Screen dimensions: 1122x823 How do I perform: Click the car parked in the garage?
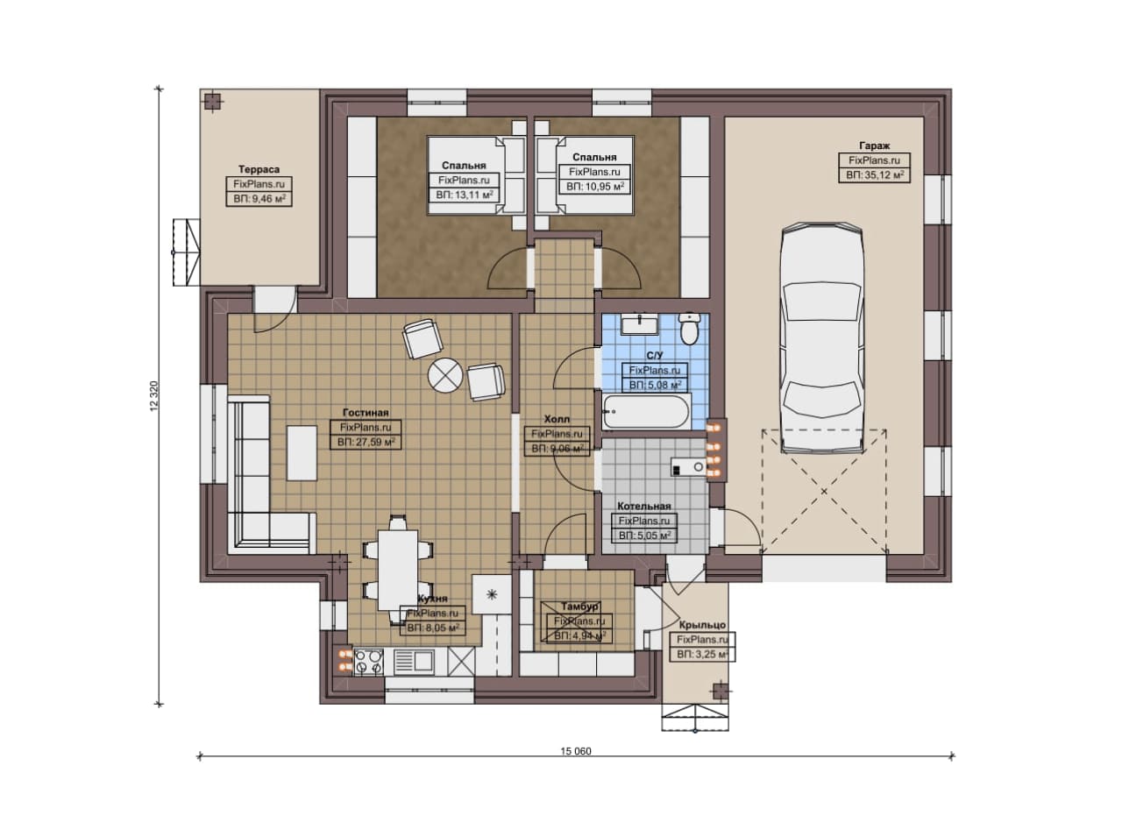tap(822, 339)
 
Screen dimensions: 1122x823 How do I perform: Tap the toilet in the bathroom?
tap(690, 328)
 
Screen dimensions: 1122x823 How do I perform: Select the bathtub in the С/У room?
tap(646, 411)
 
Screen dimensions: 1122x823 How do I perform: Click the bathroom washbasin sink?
tap(640, 324)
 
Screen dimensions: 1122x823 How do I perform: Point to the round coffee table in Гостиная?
tap(444, 376)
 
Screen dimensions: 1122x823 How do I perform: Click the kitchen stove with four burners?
tap(369, 663)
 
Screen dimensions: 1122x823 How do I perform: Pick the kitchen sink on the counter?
tap(414, 663)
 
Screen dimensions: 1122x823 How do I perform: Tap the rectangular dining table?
tap(398, 570)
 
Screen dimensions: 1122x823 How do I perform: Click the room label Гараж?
tap(875, 145)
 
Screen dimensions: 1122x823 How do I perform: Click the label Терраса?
tap(259, 169)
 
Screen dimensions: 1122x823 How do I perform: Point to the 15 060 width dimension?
tap(576, 751)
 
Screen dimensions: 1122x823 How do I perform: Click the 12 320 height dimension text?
tap(153, 396)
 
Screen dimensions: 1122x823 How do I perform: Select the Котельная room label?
tap(644, 506)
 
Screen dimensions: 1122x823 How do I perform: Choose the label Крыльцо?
tap(702, 625)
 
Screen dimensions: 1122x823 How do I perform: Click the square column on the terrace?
tap(212, 102)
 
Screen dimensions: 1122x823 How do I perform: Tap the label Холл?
tap(557, 419)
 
